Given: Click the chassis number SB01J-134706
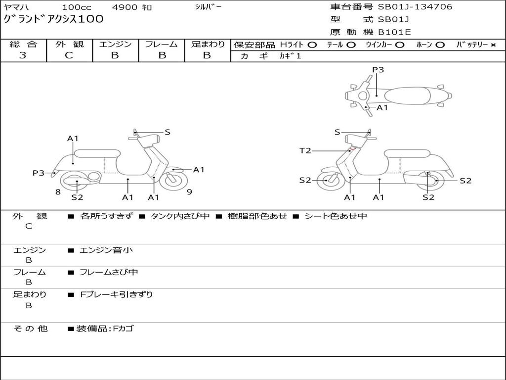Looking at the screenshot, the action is tap(415, 7).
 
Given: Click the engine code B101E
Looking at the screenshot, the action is tap(394, 32).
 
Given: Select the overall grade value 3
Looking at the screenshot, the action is tap(23, 55).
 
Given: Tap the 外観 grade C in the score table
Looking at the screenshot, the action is tap(69, 55).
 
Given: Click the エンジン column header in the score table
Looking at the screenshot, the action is tap(115, 44).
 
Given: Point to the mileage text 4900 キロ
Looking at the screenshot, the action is tap(132, 7).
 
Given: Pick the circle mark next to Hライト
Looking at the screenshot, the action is tap(312, 45).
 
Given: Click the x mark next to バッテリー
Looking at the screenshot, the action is tap(493, 45).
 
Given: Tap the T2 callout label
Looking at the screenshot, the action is tap(305, 150).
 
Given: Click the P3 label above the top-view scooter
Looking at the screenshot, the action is tap(378, 70).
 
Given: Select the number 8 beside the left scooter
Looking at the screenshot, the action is tap(58, 192).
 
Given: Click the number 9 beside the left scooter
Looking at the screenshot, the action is tap(189, 192).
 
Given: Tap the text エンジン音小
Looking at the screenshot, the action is tap(106, 250).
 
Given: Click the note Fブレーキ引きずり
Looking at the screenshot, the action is tap(117, 294).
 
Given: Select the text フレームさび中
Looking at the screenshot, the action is tap(109, 272).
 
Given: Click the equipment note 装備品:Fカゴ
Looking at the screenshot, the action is tap(104, 329).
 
